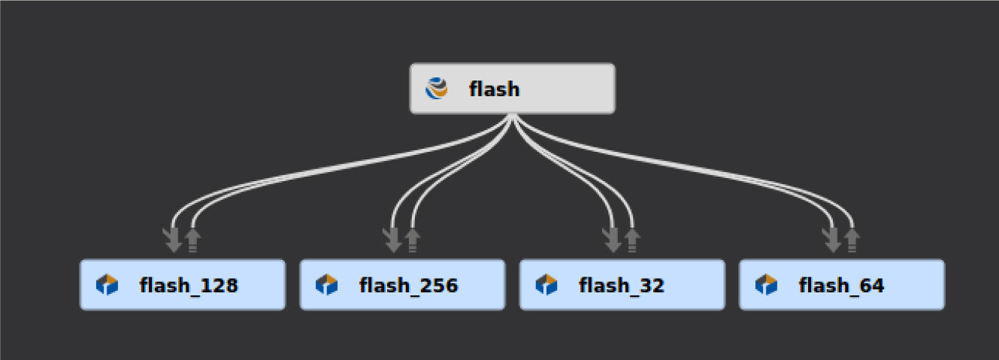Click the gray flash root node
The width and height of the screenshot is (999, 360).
pyautogui.click(x=512, y=89)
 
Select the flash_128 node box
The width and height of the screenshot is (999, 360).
pyautogui.click(x=183, y=285)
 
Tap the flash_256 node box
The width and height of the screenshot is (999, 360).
pyautogui.click(x=402, y=285)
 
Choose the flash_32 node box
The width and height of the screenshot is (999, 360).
pyautogui.click(x=622, y=285)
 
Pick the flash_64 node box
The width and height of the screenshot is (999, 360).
pyautogui.click(x=841, y=285)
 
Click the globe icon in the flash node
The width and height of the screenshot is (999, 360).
pyautogui.click(x=437, y=89)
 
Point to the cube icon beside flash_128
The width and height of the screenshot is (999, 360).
pyautogui.click(x=107, y=285)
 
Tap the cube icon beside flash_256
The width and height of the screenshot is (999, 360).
pyautogui.click(x=327, y=285)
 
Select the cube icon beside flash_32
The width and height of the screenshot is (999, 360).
pyautogui.click(x=546, y=285)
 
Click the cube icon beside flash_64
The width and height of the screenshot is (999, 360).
pyautogui.click(x=766, y=285)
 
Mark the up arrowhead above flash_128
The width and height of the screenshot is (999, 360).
pyautogui.click(x=193, y=240)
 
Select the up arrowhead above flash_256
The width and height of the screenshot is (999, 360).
pyautogui.click(x=412, y=240)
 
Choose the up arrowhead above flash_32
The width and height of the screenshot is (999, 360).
pyautogui.click(x=632, y=240)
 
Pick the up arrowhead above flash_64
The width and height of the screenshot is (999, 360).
pyautogui.click(x=852, y=240)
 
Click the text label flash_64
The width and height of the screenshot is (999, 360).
pyautogui.click(x=841, y=286)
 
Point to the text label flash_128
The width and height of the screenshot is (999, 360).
pyautogui.click(x=189, y=286)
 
